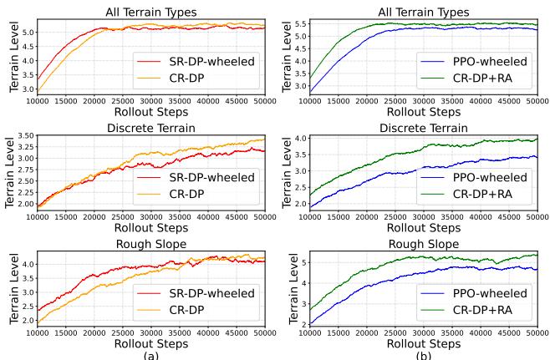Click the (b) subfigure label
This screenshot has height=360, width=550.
[426, 355]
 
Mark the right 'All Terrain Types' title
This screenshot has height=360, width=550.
[426, 11]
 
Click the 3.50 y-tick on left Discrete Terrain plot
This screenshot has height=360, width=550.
[22, 135]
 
